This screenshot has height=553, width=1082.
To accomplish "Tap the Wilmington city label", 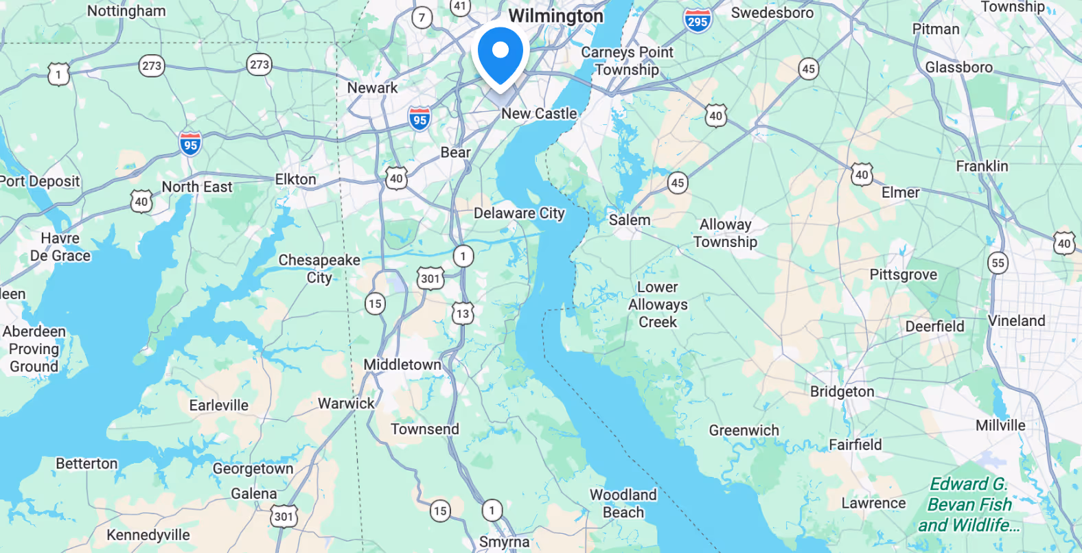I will pyautogui.click(x=555, y=16).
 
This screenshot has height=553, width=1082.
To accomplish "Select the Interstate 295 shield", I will pyautogui.click(x=697, y=21).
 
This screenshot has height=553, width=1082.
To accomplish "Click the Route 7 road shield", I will pyautogui.click(x=422, y=17).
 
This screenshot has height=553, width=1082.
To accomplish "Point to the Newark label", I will pyautogui.click(x=372, y=88).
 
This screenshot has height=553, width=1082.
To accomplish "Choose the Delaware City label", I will pyautogui.click(x=519, y=213).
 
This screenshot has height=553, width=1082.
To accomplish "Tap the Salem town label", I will pyautogui.click(x=629, y=220).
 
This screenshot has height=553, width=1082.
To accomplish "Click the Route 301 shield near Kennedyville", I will pyautogui.click(x=284, y=517).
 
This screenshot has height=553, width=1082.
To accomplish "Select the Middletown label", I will pyautogui.click(x=402, y=365).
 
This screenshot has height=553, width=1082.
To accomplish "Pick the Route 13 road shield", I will pyautogui.click(x=463, y=314).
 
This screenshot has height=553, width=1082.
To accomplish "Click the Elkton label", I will pyautogui.click(x=295, y=180).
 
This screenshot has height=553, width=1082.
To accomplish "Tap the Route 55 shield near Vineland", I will pyautogui.click(x=998, y=263).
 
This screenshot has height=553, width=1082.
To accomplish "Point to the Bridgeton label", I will pyautogui.click(x=842, y=392).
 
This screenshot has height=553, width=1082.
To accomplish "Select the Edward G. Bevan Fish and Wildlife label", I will pyautogui.click(x=969, y=505).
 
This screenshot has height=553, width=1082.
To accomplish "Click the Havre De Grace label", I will pyautogui.click(x=60, y=247).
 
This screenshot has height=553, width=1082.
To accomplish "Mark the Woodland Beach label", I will pyautogui.click(x=623, y=504).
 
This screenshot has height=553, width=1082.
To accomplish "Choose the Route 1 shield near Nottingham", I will pyautogui.click(x=58, y=74).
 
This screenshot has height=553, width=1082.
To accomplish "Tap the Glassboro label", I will pyautogui.click(x=958, y=67).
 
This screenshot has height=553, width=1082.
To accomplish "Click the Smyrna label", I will pyautogui.click(x=504, y=542).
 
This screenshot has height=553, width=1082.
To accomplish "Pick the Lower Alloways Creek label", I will pyautogui.click(x=658, y=305).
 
